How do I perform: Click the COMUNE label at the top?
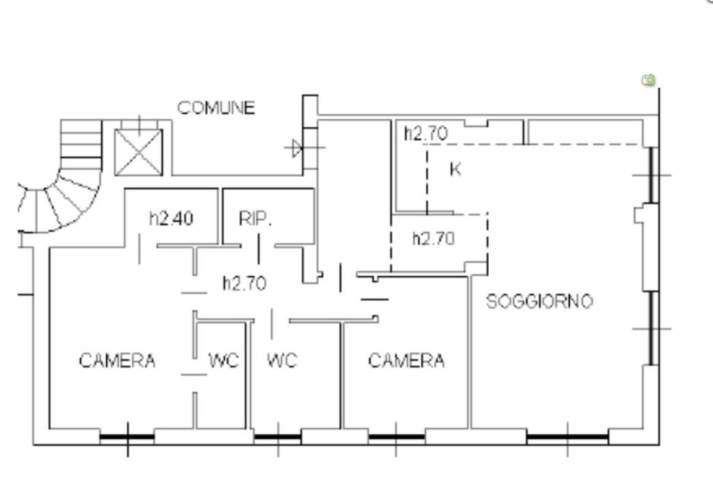coord(216,108)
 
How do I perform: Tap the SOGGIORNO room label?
coord(540,302)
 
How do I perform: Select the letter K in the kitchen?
coord(455,169)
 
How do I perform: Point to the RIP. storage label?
coord(255,219)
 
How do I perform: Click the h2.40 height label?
coord(171,219)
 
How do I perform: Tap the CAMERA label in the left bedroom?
coord(117,361)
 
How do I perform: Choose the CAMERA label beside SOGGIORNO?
coord(406,361)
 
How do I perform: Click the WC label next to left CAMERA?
coord(224,361)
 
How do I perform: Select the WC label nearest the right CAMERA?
coord(282,361)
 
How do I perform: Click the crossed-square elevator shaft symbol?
coord(138,153)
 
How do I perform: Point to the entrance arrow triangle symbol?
coord(297,148)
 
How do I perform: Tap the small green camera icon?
coord(649,80)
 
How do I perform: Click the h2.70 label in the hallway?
coord(244,283)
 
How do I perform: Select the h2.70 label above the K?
coord(426,133)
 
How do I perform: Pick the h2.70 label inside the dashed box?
coord(433,238)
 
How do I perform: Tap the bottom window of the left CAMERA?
coord(127,437)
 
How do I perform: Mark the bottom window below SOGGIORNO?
coord(567,437)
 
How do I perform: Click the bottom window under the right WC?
coord(278,437)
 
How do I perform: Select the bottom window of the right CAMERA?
coord(396,437)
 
